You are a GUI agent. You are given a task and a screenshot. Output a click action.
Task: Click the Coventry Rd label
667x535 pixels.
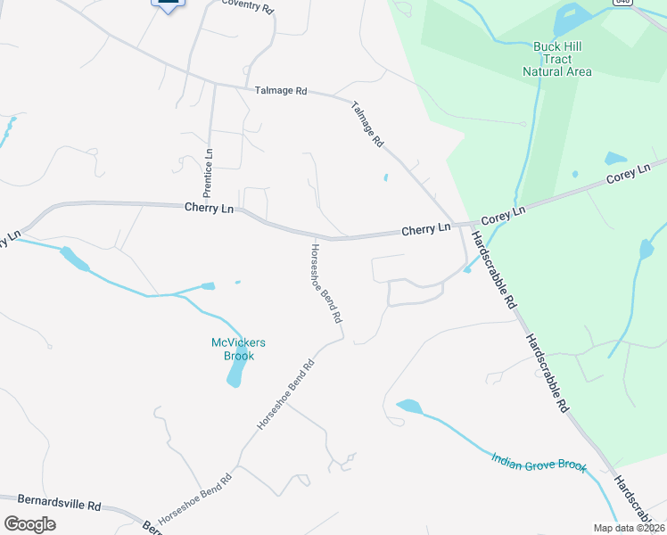click(246, 4)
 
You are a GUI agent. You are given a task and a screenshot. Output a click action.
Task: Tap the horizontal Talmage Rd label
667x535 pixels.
click(281, 91)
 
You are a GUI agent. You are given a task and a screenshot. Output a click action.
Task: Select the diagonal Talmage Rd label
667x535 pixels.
click(366, 123)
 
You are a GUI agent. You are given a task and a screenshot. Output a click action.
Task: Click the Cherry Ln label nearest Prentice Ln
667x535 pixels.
click(209, 208)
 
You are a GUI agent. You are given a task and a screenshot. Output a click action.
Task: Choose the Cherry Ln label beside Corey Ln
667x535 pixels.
click(425, 230)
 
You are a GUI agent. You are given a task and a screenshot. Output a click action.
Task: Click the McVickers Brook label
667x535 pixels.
click(238, 349)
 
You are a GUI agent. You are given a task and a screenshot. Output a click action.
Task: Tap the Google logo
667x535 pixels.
click(29, 524)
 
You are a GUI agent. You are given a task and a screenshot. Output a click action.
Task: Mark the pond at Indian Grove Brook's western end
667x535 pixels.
click(408, 407)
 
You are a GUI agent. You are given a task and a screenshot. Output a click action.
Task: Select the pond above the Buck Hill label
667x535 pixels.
click(570, 19)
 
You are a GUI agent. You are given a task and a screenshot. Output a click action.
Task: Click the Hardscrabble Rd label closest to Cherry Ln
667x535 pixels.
click(494, 270)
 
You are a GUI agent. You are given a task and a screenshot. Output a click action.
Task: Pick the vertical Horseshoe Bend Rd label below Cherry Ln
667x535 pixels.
click(325, 283)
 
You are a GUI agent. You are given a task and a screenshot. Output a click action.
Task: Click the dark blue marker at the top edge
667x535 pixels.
click(167, 4)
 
